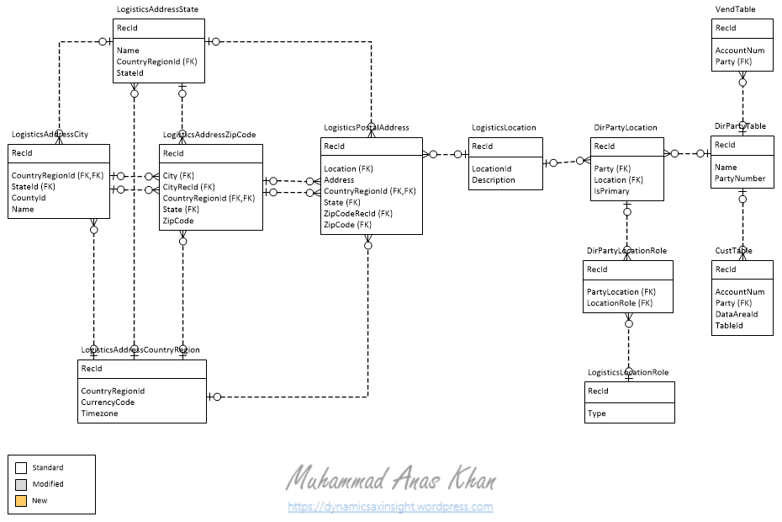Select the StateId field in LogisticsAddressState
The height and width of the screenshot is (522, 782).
point(129,73)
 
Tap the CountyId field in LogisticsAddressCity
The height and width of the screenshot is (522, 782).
point(28,198)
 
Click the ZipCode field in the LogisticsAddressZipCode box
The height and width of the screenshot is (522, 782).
point(178,221)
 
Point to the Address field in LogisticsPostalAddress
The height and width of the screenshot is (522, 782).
point(339,180)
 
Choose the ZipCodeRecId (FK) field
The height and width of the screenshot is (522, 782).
point(358,214)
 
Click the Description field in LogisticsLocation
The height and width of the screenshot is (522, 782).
point(493,180)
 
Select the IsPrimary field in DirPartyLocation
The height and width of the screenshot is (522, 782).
point(611,191)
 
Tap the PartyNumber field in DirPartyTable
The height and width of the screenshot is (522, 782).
point(740,178)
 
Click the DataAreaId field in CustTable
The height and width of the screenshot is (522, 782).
point(736,314)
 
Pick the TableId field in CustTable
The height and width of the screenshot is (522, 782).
point(729,325)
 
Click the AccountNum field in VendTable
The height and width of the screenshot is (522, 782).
point(739,51)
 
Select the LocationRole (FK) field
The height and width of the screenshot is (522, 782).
point(620,303)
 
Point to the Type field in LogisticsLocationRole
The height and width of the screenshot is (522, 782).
point(596,413)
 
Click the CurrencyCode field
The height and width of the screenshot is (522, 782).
point(108,402)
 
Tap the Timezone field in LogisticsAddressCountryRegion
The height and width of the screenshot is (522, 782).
point(100,413)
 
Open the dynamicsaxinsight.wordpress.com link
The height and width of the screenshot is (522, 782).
point(390,507)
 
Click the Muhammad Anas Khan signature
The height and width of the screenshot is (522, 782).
point(390,480)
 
